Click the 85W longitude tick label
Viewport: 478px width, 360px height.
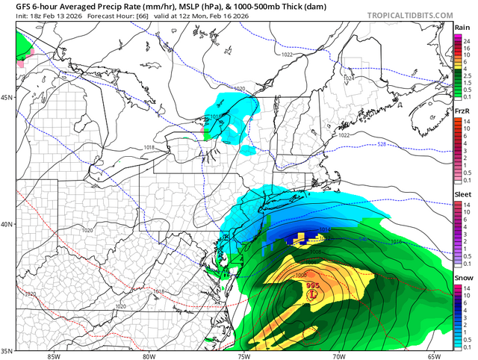pyautogui.click(x=53, y=356)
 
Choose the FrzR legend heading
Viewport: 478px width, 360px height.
pyautogui.click(x=462, y=111)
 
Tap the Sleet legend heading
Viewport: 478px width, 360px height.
pyautogui.click(x=462, y=193)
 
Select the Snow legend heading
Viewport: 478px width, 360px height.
pyautogui.click(x=462, y=276)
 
